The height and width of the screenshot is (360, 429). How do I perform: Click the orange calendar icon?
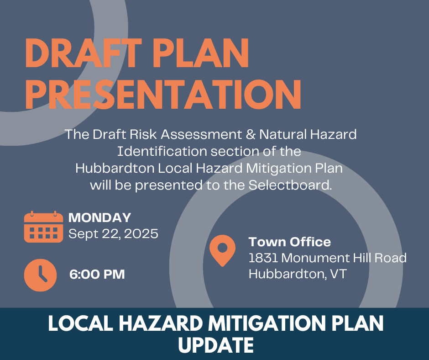point(43,227)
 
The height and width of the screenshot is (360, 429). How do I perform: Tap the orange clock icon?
point(41,275)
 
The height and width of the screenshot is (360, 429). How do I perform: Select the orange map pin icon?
point(222,250)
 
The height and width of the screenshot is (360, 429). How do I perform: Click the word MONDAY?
point(99,218)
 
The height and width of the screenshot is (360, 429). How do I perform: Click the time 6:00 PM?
point(97,274)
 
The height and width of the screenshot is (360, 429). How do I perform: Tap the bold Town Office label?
point(290,242)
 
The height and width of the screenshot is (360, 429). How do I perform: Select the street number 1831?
point(263,258)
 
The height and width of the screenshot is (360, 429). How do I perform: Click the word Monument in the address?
point(315,258)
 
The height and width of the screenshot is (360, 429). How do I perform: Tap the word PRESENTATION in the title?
point(163,95)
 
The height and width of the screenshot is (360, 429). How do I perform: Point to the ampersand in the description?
point(251,134)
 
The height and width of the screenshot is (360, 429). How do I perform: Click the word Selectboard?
point(290,185)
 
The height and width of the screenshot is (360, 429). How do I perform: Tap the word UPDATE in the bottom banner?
point(216,345)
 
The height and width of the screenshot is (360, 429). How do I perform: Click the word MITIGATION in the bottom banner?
point(267,323)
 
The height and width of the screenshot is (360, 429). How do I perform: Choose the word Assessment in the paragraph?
point(201,134)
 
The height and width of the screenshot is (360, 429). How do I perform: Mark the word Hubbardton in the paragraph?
point(115,168)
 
